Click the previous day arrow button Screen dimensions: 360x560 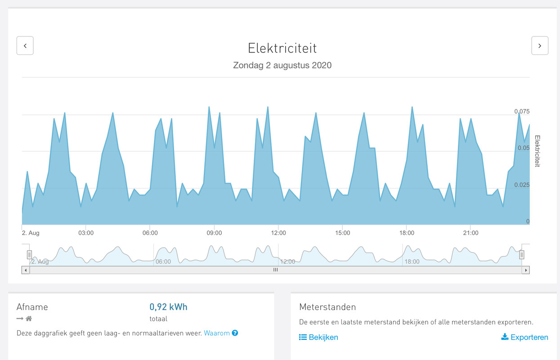pyautogui.click(x=25, y=45)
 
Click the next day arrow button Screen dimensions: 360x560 pyautogui.click(x=540, y=45)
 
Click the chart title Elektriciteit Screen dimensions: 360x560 pyautogui.click(x=282, y=48)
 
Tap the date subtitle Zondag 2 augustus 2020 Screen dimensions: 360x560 pyautogui.click(x=282, y=65)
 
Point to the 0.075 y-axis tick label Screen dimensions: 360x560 pyautogui.click(x=522, y=112)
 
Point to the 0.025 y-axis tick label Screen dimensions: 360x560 pyautogui.click(x=522, y=185)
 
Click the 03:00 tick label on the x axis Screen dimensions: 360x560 pyautogui.click(x=86, y=233)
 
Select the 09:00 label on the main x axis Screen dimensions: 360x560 pyautogui.click(x=214, y=233)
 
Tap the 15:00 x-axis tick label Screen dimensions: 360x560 pyautogui.click(x=342, y=233)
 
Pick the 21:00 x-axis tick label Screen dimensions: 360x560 pyautogui.click(x=470, y=233)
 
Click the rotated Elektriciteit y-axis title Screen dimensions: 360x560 pyautogui.click(x=537, y=151)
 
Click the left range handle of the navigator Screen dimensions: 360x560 pyautogui.click(x=29, y=255)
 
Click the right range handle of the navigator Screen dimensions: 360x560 pyautogui.click(x=522, y=255)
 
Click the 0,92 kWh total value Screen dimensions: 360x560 pyautogui.click(x=168, y=307)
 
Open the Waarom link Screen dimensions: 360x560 pyautogui.click(x=217, y=333)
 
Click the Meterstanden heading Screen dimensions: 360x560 pyautogui.click(x=327, y=307)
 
